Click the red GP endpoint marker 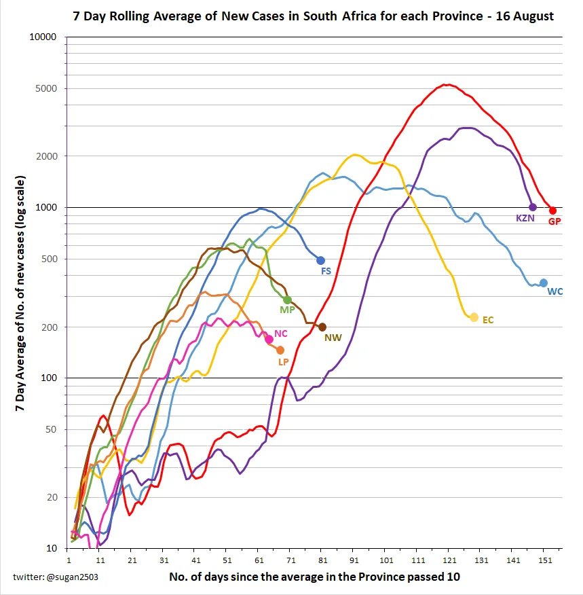[552, 211]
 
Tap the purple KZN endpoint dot [533, 207]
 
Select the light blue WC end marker [544, 283]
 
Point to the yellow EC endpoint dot [474, 317]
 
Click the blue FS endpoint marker [321, 260]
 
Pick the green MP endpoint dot [287, 300]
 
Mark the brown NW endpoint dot [322, 327]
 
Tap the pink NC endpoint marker [269, 339]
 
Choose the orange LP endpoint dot [280, 350]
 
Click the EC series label [488, 320]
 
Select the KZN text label [525, 218]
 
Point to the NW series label [333, 338]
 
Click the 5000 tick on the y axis [46, 88]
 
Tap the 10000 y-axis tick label [43, 37]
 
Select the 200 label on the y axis [50, 327]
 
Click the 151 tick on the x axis [545, 560]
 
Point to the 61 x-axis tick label [259, 560]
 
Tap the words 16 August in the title [525, 16]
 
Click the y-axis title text [20, 293]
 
